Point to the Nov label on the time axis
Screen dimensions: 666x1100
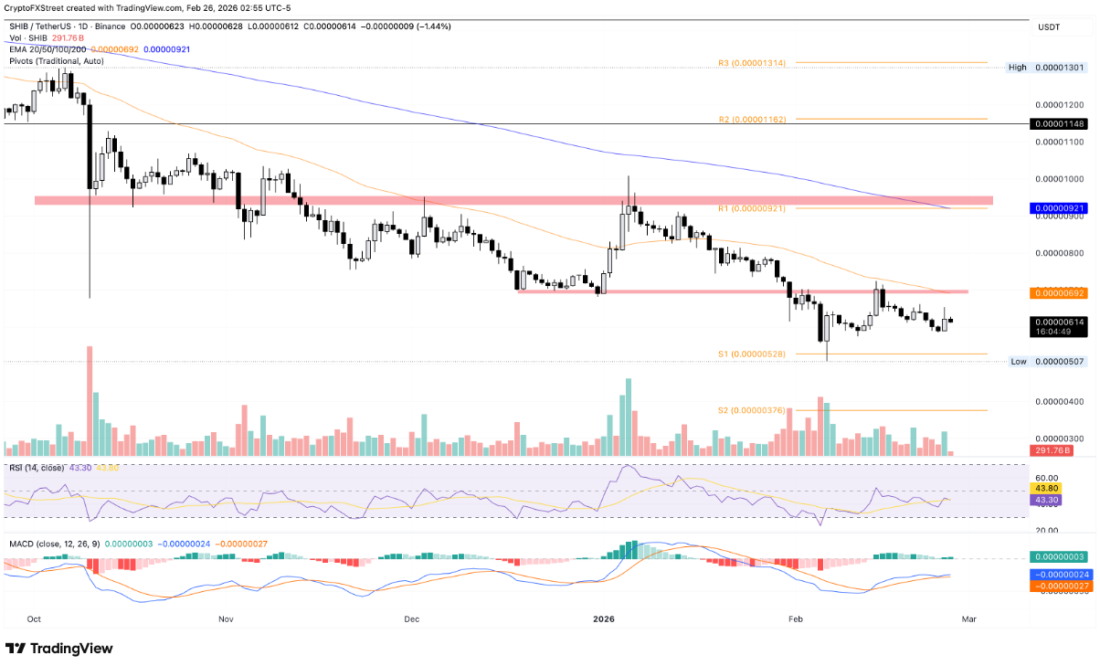[227, 618]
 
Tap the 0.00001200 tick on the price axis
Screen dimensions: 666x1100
[1060, 105]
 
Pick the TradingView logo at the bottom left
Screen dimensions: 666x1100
[59, 648]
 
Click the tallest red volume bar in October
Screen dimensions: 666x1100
[90, 401]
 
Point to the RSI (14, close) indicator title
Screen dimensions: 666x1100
[37, 467]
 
